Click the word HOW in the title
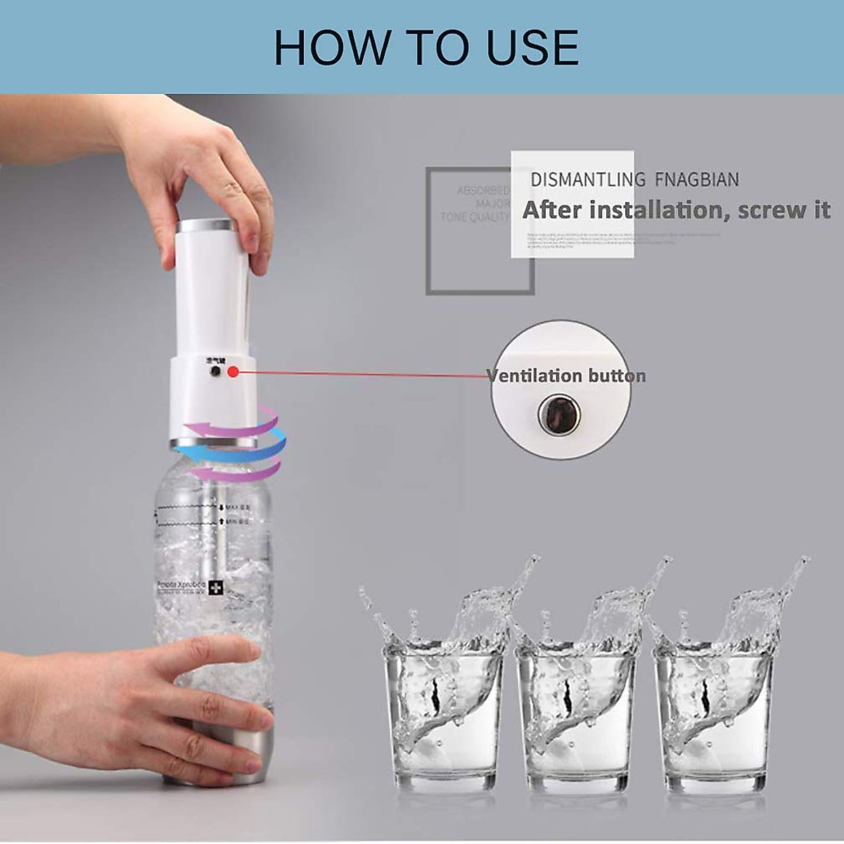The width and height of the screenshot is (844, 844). click(x=331, y=48)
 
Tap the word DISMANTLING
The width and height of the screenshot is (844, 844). click(x=588, y=180)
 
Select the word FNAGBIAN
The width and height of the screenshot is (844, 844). click(x=697, y=180)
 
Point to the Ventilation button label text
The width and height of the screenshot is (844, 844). click(x=566, y=376)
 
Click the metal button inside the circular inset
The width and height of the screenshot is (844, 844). click(x=559, y=414)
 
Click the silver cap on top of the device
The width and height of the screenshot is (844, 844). click(x=204, y=226)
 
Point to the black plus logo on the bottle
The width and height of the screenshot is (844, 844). click(x=212, y=585)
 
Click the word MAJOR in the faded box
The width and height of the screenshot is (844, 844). click(x=492, y=204)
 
